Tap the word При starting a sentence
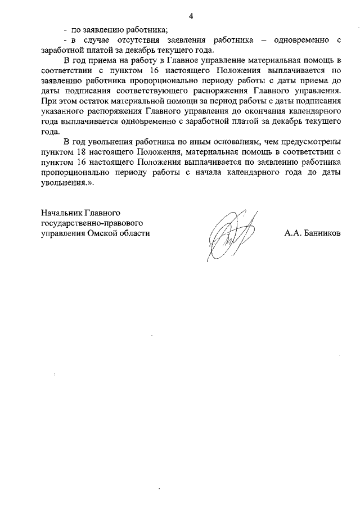coord(50,101)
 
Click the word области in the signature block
coord(136,233)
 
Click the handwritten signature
coord(228,236)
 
